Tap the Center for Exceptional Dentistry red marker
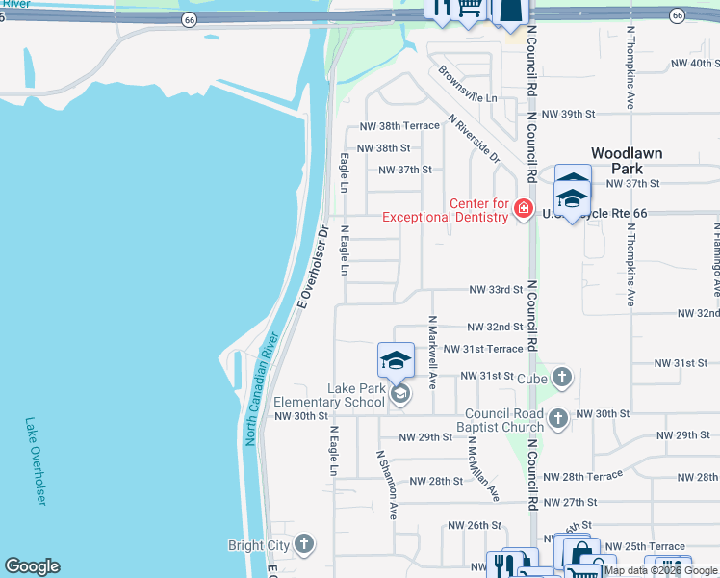click(524, 208)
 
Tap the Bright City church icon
click(305, 544)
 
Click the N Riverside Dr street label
click(475, 139)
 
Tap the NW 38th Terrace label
click(399, 126)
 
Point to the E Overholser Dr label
click(314, 265)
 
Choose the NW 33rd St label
click(496, 289)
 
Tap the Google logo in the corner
click(32, 566)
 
